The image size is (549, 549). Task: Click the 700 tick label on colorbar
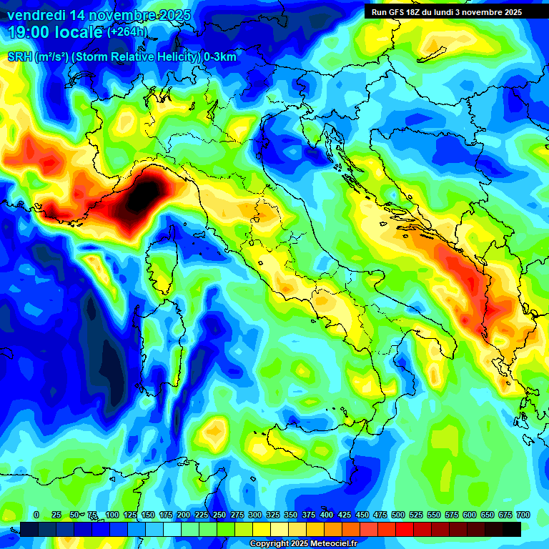pyautogui.click(x=523, y=515)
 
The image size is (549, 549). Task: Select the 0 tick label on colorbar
pyautogui.click(x=36, y=515)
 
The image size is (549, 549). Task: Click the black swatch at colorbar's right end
pyautogui.click(x=512, y=529)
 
